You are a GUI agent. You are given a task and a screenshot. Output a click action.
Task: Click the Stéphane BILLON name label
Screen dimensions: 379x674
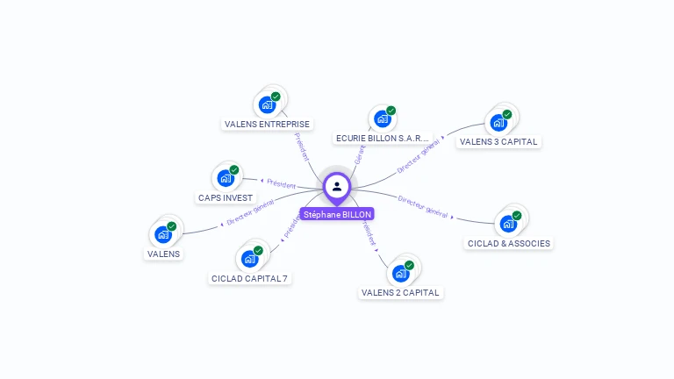pos(337,214)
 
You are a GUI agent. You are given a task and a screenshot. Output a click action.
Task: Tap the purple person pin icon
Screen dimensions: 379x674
pos(337,186)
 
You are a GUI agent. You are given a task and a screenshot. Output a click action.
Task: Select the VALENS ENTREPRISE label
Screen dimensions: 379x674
pos(267,124)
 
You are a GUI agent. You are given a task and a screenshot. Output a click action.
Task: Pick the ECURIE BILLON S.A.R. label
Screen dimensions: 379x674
pos(384,139)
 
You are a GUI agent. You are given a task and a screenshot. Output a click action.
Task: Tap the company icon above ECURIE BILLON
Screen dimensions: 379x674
pos(382,118)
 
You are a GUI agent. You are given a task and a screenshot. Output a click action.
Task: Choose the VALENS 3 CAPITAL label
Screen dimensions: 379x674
pos(498,141)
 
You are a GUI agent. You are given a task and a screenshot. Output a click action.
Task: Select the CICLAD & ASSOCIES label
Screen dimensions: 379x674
pos(509,243)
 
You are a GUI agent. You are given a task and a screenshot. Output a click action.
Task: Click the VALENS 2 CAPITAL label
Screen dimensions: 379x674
pos(400,292)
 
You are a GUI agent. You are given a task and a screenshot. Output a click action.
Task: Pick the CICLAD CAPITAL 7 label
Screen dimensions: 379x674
pos(250,278)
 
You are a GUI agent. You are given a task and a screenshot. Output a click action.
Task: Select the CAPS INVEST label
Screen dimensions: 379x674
pos(226,198)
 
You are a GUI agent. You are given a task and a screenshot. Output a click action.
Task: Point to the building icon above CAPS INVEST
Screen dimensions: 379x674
pos(226,178)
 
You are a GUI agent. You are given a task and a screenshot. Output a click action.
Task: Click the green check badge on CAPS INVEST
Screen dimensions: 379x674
pos(234,170)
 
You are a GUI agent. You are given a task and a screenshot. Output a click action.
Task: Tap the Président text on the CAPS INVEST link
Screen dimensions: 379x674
pos(281,184)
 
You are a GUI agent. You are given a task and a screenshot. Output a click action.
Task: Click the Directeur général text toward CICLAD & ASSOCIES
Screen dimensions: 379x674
pos(423,207)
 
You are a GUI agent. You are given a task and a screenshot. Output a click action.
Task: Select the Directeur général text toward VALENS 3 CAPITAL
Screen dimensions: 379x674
pos(417,159)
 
